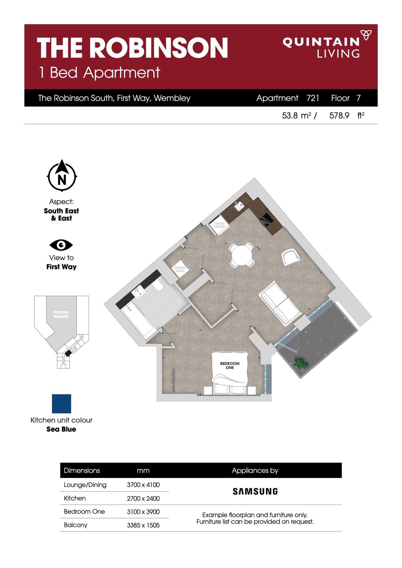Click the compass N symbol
[x=62, y=176]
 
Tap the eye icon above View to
[x=61, y=245]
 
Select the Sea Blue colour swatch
[x=61, y=404]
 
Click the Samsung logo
[x=255, y=491]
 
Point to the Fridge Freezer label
[x=220, y=225]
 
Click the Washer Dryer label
[x=180, y=270]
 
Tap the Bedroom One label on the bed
[x=230, y=365]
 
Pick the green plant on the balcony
[x=300, y=364]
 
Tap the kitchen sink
[x=239, y=206]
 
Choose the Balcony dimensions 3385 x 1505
[x=143, y=525]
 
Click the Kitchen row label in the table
[x=75, y=498]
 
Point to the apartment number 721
[x=313, y=98]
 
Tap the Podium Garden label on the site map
[x=61, y=314]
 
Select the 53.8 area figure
[x=290, y=116]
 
